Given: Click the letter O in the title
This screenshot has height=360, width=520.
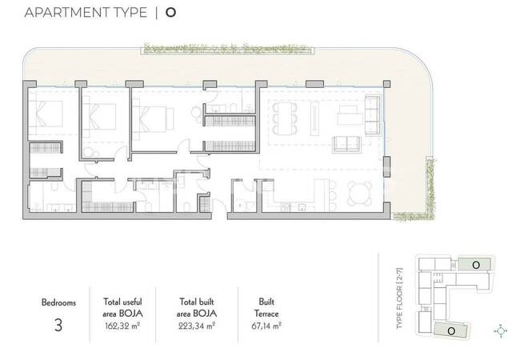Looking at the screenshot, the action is point(170,13).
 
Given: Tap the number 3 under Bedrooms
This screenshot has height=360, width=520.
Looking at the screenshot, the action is point(58,325).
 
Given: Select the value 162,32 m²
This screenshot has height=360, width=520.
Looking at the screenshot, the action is point(122,326).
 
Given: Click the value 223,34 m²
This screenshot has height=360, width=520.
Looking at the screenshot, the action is point(197,326).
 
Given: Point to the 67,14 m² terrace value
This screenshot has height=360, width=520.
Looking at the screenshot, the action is point(266,326).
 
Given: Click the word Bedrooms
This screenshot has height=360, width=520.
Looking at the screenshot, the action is point(58,302).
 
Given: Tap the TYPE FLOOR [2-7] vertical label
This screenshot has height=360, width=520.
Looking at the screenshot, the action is point(400,298).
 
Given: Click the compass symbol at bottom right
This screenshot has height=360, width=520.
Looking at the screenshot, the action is point(501,331).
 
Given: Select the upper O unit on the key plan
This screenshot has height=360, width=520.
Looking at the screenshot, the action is point(474,265).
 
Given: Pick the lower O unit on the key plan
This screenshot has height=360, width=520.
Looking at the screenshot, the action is point(450,330).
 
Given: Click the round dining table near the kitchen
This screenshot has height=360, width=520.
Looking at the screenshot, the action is point(359,194).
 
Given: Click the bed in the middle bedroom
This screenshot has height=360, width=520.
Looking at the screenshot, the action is point(99,116).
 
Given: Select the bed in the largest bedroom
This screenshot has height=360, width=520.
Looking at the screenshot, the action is point(153,119).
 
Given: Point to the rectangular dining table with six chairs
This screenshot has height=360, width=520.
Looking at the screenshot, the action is point(285,118).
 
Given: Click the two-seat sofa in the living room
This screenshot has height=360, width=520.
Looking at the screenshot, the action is point(346,144).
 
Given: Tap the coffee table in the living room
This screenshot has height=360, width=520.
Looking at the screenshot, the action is point(350,115).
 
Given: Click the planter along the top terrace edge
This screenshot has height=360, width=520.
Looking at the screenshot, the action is point(228,48).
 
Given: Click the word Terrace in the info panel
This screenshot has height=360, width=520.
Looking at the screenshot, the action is point(266,314).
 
